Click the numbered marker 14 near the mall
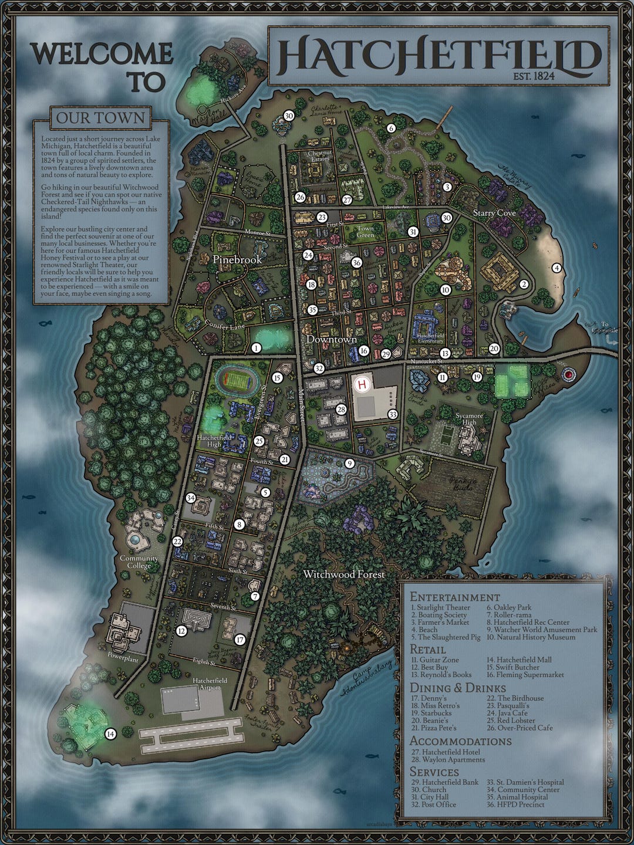(x=110, y=734)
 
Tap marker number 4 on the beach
(x=557, y=268)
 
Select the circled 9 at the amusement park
(x=349, y=464)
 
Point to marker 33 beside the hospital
(x=393, y=414)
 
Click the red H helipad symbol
(x=363, y=386)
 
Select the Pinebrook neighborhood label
(x=237, y=259)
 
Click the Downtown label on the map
(x=332, y=339)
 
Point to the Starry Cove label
(x=494, y=213)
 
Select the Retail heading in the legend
(x=427, y=650)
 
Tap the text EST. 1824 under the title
(x=534, y=75)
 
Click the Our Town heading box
(x=100, y=118)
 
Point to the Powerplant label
(x=123, y=660)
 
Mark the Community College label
(x=139, y=562)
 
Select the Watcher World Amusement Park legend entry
(x=541, y=630)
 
